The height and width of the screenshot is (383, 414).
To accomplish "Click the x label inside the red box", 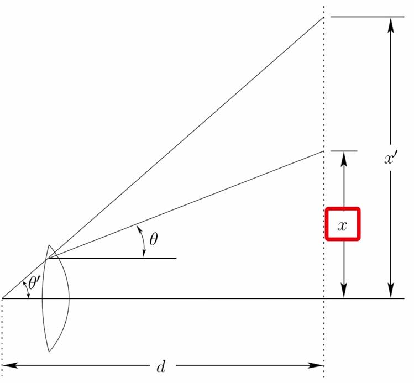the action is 342,226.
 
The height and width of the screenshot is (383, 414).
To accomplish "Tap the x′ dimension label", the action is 390,159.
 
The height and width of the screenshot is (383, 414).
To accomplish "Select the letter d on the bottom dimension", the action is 161,366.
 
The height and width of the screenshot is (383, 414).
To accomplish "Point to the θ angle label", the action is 154,239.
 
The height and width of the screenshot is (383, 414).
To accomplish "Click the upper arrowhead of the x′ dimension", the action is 391,25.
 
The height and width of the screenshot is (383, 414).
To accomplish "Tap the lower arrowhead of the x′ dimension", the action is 391,291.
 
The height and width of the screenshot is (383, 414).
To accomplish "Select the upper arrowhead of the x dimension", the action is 344,159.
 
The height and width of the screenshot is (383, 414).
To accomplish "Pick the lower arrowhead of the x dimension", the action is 344,291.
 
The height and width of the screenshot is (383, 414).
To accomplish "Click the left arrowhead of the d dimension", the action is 10,365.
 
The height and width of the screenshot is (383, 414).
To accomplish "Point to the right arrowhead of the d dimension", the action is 316,365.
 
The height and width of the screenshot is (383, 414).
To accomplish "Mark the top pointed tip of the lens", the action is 49,245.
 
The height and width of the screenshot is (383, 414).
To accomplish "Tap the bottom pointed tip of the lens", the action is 49,352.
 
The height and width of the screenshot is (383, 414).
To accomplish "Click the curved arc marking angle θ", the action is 143,242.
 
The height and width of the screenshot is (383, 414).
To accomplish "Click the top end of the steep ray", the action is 323,18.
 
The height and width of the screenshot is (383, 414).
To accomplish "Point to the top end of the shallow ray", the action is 323,151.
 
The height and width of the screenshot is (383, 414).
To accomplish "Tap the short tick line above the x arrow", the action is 344,151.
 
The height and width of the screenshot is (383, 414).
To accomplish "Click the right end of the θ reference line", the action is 176,258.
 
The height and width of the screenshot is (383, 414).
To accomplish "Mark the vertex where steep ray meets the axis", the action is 2,298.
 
